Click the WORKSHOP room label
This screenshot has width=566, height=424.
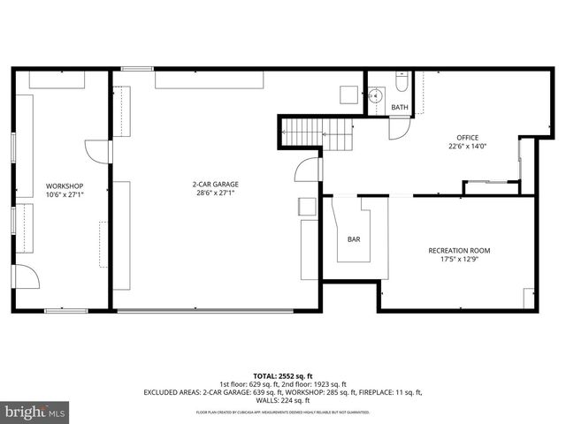point(65,185)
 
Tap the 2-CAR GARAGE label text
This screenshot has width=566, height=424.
point(216,184)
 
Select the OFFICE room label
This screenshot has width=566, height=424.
point(467,137)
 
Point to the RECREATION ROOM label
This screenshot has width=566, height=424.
point(459,251)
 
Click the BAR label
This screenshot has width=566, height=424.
point(354,239)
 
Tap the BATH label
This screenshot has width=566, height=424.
point(400,108)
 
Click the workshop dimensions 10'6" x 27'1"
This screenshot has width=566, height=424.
point(65,194)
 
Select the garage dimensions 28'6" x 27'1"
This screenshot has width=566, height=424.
point(216,193)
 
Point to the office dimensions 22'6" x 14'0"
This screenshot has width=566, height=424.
point(467,148)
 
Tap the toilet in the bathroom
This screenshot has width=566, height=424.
point(400,87)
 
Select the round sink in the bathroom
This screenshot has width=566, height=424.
point(375,93)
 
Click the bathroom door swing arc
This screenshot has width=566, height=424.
point(400,127)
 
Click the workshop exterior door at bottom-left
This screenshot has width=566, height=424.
point(27,276)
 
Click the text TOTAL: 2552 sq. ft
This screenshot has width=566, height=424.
point(283,375)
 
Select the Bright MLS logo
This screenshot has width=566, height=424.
point(35,412)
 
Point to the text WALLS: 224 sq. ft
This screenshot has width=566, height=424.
point(283,401)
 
